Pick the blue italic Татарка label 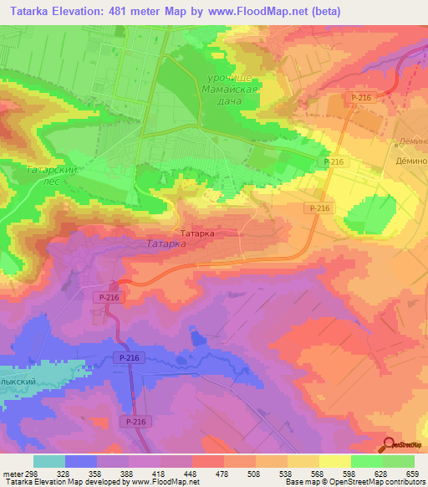[x=166, y=245]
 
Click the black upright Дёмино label [x=412, y=159]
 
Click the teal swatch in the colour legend [x=49, y=461]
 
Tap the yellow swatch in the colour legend [x=335, y=461]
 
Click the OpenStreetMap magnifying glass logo [x=389, y=443]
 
